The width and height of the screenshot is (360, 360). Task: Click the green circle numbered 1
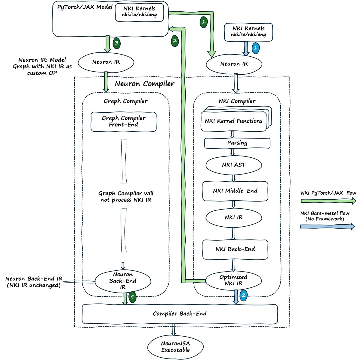coord(204,22)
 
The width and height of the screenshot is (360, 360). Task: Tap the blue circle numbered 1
coord(255,48)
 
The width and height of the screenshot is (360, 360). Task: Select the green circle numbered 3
coord(116,43)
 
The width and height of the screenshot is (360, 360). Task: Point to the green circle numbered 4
coord(132,297)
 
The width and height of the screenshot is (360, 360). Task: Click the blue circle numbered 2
coord(243,295)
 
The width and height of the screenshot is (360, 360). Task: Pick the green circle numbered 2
coord(175,41)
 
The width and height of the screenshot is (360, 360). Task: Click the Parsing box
coord(237,143)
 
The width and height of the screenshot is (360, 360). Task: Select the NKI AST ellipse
coord(234,165)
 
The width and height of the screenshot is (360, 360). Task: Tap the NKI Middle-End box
coord(235,191)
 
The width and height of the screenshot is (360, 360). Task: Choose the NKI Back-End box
coord(235,249)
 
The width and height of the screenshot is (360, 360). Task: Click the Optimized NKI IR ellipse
coord(233,280)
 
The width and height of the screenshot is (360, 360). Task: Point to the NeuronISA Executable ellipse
coord(175,347)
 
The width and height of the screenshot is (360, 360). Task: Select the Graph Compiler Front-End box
coord(124,122)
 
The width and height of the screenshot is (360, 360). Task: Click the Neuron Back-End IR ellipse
coord(123,281)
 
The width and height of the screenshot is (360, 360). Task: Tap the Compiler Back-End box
coord(180,314)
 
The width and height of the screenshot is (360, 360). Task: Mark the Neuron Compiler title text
coord(145,84)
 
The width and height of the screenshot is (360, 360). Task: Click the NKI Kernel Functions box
coord(233,121)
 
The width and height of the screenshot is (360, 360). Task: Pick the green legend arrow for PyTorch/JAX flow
coord(328,201)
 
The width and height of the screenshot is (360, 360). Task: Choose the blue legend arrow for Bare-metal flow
coord(328,227)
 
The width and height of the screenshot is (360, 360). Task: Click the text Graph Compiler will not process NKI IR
coord(126,197)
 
